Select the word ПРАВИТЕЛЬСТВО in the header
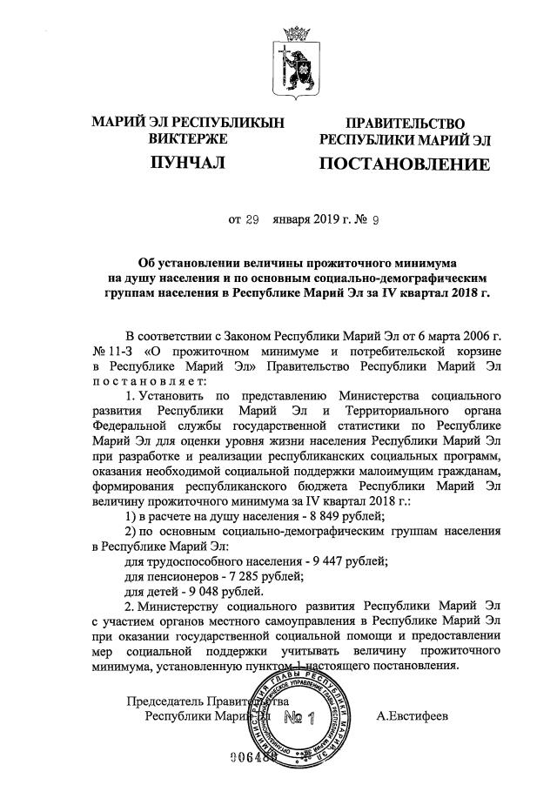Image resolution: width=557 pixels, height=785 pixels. [x=392, y=124]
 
